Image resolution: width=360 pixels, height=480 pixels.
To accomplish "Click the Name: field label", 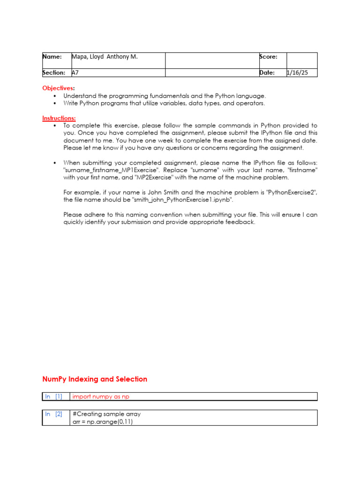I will click(x=52, y=57).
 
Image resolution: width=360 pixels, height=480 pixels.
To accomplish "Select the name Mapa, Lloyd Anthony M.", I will click(x=105, y=57).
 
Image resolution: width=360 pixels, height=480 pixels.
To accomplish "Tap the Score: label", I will click(x=268, y=57).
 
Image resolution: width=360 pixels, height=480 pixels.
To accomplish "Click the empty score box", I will click(x=302, y=60).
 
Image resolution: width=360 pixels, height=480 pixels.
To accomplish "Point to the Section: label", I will click(x=54, y=73).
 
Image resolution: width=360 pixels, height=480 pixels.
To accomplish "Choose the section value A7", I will click(x=75, y=73).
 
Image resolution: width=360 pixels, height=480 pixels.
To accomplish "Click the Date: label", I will click(x=267, y=73).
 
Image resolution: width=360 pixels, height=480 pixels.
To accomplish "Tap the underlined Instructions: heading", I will click(x=59, y=118).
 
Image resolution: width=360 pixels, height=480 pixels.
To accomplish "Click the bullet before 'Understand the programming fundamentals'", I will click(x=55, y=96).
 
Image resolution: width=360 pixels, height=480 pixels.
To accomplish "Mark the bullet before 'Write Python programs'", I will click(x=55, y=103).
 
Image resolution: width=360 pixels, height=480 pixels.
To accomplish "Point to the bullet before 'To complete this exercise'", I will click(x=55, y=126).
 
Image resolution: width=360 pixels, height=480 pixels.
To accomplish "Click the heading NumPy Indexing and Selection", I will click(x=95, y=379).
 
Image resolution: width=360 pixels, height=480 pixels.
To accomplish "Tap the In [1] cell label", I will click(x=53, y=397).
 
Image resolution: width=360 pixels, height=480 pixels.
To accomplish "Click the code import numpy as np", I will click(x=101, y=397).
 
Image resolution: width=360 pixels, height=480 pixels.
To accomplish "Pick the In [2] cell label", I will click(x=53, y=414).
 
